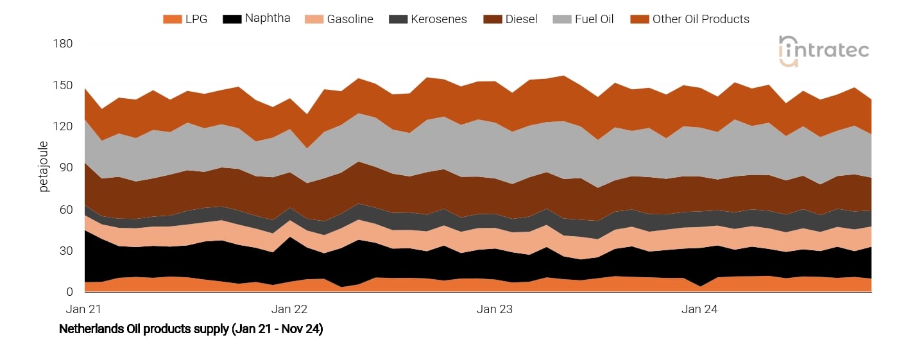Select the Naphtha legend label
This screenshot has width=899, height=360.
(268, 19)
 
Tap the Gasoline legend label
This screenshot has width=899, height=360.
(350, 19)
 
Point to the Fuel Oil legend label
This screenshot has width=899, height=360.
(594, 19)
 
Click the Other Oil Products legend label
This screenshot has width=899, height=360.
(701, 19)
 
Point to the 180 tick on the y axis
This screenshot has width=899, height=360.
(64, 44)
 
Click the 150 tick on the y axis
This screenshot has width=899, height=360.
(64, 85)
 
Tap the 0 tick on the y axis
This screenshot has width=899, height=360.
(70, 292)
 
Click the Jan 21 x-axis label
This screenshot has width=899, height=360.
(84, 309)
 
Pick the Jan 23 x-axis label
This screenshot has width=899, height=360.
(495, 309)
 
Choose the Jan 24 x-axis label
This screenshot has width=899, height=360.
(700, 309)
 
